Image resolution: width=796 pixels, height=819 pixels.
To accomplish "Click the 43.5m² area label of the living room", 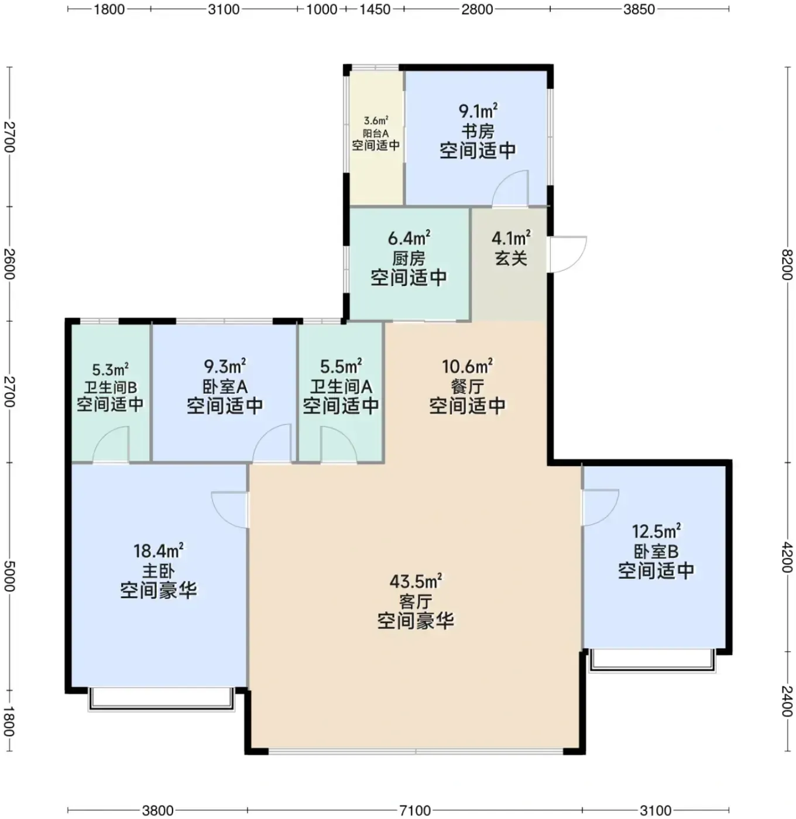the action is pos(416,582).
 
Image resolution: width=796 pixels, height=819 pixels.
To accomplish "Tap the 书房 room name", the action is pos(477,131).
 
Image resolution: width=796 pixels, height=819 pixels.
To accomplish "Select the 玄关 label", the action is pos(511,258).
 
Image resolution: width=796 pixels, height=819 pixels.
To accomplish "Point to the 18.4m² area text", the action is pos(159,551).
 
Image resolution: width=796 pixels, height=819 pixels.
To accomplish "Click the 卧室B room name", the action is pos(656,551).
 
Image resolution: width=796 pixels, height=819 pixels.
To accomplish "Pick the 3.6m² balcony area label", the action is pos(376,121).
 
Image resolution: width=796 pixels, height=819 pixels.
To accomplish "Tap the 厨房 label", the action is pos(409,259).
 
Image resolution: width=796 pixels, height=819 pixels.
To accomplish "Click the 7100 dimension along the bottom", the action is pos(415,810).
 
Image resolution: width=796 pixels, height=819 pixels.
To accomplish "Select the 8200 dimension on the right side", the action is pos(787,264).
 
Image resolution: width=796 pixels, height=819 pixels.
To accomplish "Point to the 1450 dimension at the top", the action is pos(375,9).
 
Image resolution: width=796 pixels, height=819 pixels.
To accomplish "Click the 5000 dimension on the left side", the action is pos(9,576).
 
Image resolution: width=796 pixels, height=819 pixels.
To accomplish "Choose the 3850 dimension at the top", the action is pos(639,9).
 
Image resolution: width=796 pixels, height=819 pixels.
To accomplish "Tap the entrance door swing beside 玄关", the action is pos(568,254).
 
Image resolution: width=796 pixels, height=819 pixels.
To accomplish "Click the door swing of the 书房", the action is pos(510,188).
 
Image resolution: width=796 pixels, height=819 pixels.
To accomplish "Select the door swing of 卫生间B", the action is pos(111,445).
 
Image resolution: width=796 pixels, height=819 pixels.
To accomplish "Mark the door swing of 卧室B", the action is pos(601,507).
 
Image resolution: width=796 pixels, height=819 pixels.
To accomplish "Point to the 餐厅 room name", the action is pos(467,386).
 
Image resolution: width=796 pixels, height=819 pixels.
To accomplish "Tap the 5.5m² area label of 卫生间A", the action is pos(341,367).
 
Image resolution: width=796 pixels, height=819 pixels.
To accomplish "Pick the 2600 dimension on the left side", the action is pos(9,264).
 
